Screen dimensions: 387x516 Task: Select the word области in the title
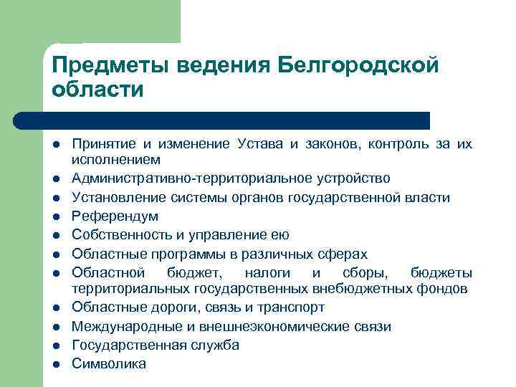coord(97,90)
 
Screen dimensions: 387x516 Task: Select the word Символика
coord(108,364)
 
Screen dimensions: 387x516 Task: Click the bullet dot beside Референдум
coord(55,216)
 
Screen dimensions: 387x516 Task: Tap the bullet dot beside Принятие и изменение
coord(55,144)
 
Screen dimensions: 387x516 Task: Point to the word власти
coord(431,197)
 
